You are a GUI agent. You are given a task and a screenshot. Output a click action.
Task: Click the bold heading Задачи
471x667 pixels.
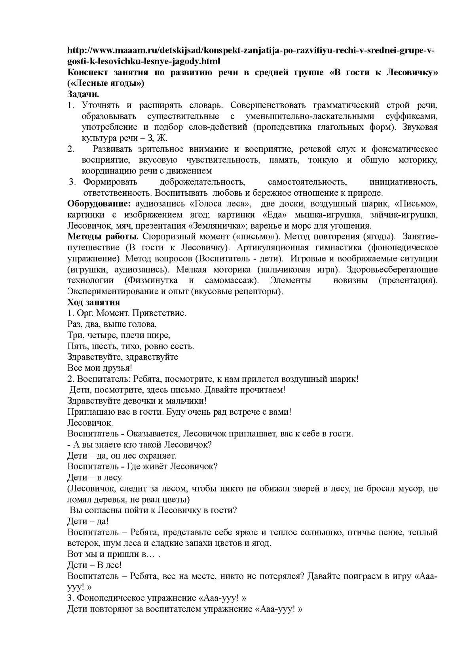(83, 94)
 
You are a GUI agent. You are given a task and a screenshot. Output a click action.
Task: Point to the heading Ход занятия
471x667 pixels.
(93, 302)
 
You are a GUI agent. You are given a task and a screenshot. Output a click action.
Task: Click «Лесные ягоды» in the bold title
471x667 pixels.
(106, 83)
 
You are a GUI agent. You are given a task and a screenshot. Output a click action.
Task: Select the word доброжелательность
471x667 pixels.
(203, 182)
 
